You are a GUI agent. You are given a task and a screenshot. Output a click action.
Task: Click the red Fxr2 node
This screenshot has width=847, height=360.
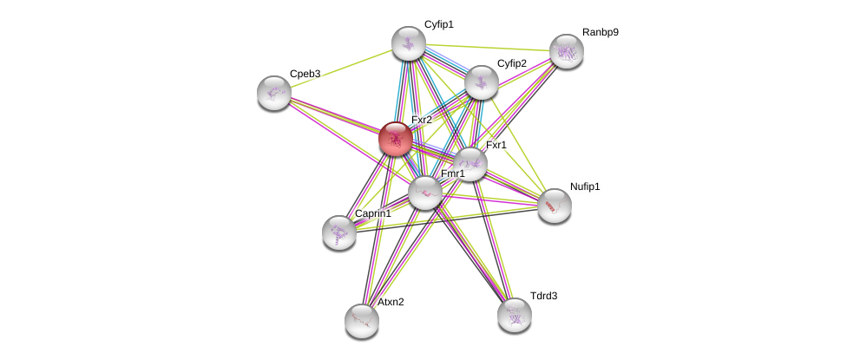[x=395, y=139]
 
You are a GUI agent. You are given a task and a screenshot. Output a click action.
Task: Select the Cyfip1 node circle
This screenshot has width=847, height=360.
[x=408, y=43]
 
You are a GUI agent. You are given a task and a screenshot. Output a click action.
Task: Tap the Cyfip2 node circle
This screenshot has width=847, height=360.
[x=481, y=82]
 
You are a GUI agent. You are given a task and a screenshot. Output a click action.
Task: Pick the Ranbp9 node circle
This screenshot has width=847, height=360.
[x=566, y=51]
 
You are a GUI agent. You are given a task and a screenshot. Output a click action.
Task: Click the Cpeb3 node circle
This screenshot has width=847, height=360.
[x=274, y=93]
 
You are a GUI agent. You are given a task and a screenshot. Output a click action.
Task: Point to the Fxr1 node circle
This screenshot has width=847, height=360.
[x=470, y=164]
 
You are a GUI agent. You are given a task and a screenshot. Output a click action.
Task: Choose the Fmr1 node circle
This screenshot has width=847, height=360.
[x=424, y=193]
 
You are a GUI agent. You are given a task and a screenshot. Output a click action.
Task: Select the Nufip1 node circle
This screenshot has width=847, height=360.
[x=554, y=206]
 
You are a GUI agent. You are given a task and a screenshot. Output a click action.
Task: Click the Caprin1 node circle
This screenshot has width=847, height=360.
[x=338, y=232]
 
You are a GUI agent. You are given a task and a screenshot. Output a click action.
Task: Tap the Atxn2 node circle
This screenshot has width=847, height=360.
[x=361, y=320]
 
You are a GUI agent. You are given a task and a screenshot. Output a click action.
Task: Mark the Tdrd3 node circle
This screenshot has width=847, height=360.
[x=514, y=314]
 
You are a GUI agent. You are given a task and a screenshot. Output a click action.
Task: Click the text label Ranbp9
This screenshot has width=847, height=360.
[x=601, y=32]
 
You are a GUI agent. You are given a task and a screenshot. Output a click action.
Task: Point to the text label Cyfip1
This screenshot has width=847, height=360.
[x=438, y=24]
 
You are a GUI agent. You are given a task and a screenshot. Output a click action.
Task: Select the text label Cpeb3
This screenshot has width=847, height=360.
[x=305, y=74]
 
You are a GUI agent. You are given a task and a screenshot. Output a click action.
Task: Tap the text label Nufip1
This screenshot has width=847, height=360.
[x=585, y=187]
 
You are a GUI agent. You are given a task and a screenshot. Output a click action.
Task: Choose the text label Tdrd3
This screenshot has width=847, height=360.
[x=543, y=296]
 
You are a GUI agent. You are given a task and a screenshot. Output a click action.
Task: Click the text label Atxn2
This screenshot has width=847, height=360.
[x=391, y=302]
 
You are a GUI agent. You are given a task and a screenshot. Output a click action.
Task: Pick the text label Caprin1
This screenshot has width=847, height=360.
[x=372, y=213]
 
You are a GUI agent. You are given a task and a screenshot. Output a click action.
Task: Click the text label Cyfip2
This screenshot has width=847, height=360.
[x=511, y=63]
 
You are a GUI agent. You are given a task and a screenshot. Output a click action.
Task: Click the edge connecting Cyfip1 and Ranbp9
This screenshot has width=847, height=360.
[x=487, y=48]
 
